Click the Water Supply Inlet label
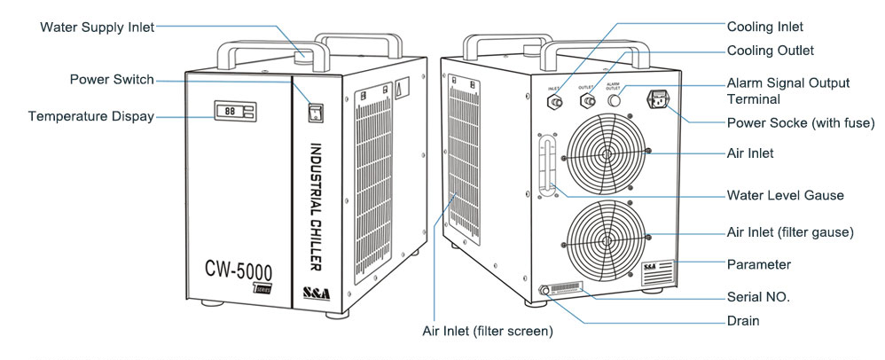[97, 27]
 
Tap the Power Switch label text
[111, 80]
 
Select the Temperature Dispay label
[90, 116]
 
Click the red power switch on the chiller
[313, 111]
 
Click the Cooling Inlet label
[765, 27]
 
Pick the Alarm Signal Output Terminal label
[787, 90]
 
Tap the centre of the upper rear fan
[607, 153]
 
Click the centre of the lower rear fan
[607, 239]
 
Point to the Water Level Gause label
[785, 195]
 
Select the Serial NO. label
[758, 296]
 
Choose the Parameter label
[758, 264]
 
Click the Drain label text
[743, 321]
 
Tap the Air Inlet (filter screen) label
[488, 332]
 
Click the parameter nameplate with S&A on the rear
[657, 273]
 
